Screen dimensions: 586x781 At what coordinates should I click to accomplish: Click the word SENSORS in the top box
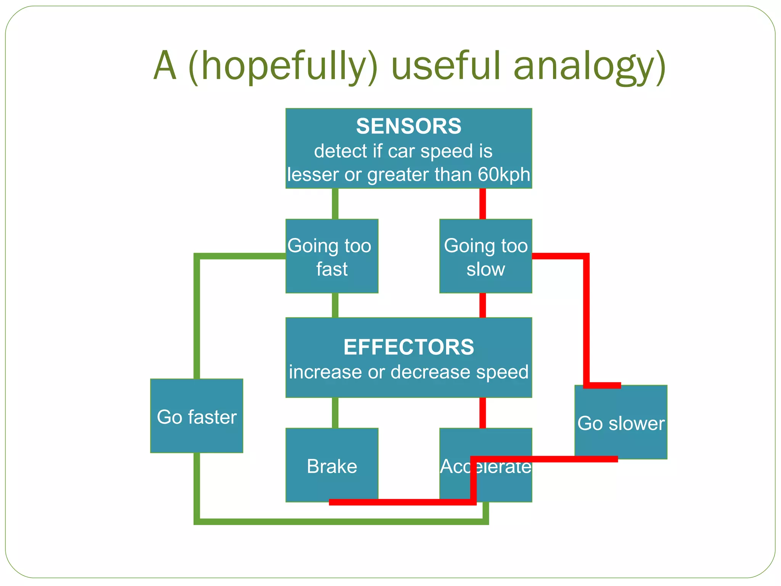[x=408, y=126]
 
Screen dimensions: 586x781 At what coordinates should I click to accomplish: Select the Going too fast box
[x=331, y=256]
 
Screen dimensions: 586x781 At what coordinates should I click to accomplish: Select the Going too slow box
[x=485, y=256]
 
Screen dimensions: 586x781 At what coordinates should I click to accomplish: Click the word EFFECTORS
[x=408, y=347]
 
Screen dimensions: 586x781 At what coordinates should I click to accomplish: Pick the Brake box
[x=331, y=466]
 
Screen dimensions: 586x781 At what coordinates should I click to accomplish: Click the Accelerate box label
[x=485, y=467]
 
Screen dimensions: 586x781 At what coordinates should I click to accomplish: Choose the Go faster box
[x=196, y=417]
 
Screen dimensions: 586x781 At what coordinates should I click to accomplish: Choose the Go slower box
[x=620, y=423]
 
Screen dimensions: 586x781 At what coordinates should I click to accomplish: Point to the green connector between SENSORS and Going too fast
[x=335, y=203]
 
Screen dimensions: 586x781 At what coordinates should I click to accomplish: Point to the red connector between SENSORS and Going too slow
[x=482, y=203]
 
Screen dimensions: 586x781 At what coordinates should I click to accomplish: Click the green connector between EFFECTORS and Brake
[x=335, y=413]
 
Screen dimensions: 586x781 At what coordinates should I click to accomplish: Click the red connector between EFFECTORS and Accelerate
[x=482, y=413]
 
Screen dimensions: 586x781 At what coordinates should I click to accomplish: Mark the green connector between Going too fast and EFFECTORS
[x=335, y=305]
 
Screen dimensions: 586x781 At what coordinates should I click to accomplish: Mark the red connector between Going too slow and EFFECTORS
[x=482, y=305]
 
